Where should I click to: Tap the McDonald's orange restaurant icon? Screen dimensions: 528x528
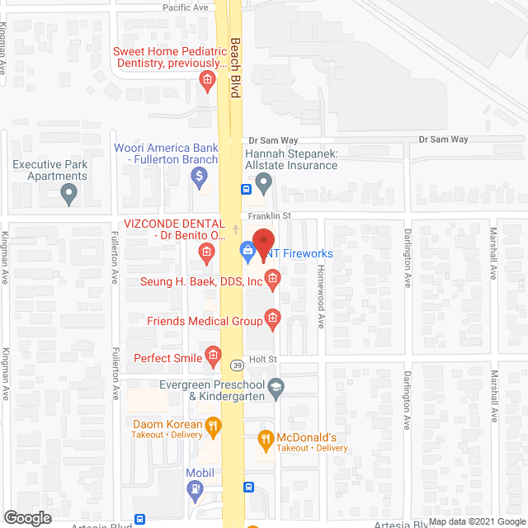point(266,441)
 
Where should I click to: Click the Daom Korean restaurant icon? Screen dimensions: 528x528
point(213,426)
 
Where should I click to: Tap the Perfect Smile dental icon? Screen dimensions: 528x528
point(213,358)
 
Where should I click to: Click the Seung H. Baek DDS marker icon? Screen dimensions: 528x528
point(274,281)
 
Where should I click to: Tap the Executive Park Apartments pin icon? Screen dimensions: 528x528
point(69,194)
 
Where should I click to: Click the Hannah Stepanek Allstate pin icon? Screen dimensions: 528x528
point(263,182)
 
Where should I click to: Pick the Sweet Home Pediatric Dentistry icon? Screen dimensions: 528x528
point(207,80)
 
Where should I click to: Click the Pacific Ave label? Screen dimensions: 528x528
point(185,7)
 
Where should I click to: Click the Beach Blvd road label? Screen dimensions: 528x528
point(235,68)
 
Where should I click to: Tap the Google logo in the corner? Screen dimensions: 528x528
point(26,517)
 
